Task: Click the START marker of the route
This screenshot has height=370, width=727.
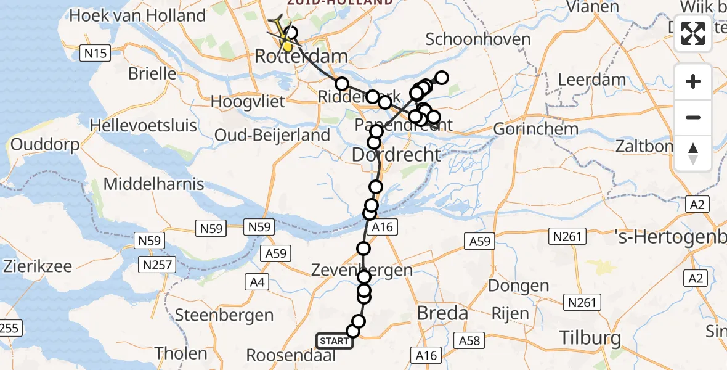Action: pyautogui.click(x=335, y=340)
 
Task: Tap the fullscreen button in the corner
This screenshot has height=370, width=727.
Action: pyautogui.click(x=693, y=34)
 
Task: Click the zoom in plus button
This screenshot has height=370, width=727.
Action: pyautogui.click(x=693, y=82)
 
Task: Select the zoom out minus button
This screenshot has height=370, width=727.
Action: pyautogui.click(x=693, y=117)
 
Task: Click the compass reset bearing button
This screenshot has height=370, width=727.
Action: pyautogui.click(x=693, y=153)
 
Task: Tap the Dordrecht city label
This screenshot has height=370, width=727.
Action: pyautogui.click(x=396, y=154)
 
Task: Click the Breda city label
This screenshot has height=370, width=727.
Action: pyautogui.click(x=442, y=313)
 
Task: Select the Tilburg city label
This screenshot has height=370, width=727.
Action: pyautogui.click(x=590, y=337)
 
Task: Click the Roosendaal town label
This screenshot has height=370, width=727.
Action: pyautogui.click(x=291, y=355)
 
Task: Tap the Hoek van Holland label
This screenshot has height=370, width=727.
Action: pyautogui.click(x=137, y=16)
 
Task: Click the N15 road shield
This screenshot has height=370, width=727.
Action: pyautogui.click(x=95, y=54)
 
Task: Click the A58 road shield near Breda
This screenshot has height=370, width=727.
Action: pyautogui.click(x=466, y=340)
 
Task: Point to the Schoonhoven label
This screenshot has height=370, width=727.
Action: pyautogui.click(x=478, y=39)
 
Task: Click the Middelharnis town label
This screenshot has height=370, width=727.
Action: pyautogui.click(x=154, y=184)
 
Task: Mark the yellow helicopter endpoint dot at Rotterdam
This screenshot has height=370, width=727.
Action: pyautogui.click(x=287, y=46)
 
